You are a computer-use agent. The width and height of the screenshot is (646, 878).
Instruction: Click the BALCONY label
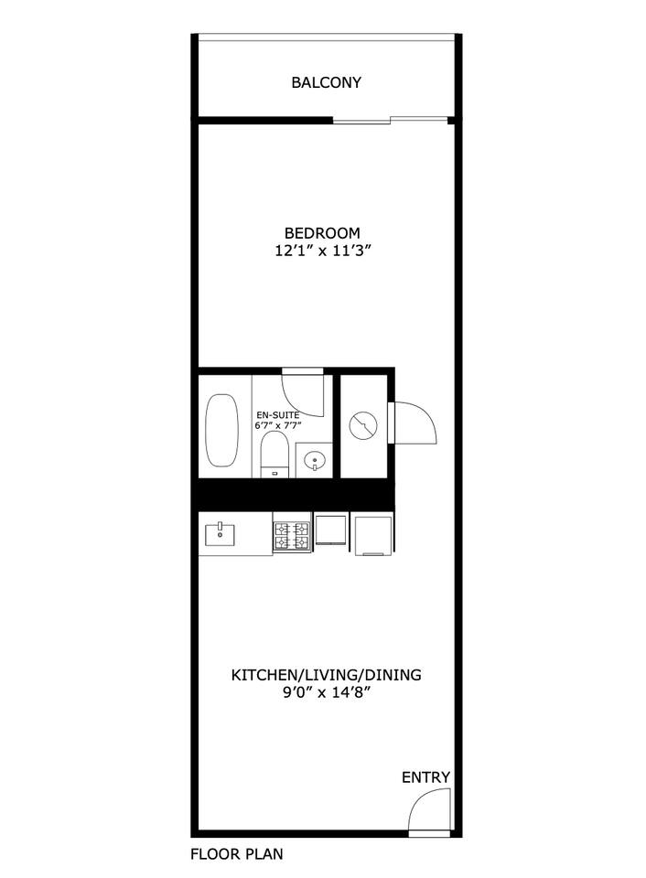coord(326,82)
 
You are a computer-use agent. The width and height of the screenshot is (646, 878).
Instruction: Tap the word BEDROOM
coord(322,232)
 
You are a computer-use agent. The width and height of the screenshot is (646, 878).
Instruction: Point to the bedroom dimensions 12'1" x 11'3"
coord(323,251)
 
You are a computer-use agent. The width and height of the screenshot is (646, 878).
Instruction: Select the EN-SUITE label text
coord(278,415)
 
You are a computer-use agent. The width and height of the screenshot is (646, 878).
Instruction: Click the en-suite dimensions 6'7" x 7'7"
coord(278,425)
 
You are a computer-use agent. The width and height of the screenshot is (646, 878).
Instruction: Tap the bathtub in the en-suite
coord(221,430)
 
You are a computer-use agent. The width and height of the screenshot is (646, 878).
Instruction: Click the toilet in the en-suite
coord(275,455)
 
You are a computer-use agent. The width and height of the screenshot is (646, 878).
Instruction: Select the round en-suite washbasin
coord(314,461)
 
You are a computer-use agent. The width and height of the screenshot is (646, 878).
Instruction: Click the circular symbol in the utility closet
coord(363,425)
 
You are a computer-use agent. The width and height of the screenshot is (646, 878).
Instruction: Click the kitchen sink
coord(221,534)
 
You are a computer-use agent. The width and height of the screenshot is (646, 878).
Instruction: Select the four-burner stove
coord(291,536)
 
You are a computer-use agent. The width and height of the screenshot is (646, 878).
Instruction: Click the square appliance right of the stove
coord(331,530)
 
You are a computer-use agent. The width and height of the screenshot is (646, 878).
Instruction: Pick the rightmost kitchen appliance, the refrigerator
coord(373,535)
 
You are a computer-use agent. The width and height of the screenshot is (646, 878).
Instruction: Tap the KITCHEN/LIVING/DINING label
coord(326,675)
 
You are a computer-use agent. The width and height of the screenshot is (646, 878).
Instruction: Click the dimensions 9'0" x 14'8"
coord(328,692)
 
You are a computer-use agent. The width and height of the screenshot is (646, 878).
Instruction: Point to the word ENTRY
coord(425,777)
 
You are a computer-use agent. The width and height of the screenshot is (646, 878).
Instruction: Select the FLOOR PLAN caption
coord(236,854)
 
